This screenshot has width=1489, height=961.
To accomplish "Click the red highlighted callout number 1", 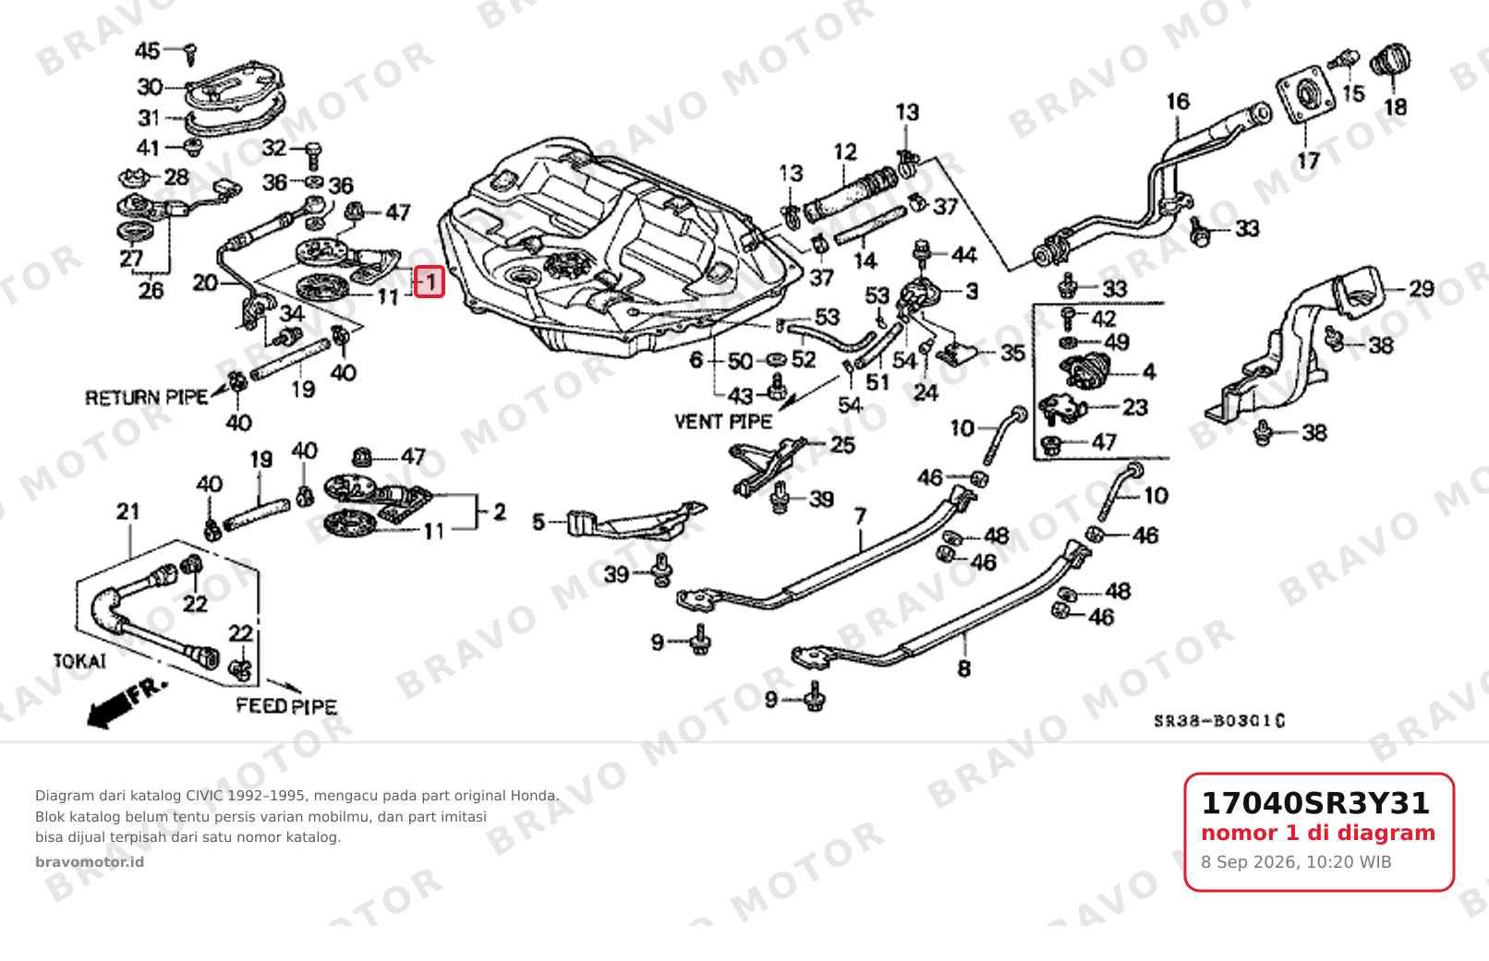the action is pos(429,282).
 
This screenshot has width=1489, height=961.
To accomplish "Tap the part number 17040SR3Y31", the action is pos(1314,803).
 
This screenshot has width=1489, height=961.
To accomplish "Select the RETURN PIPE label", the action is pos(146,398).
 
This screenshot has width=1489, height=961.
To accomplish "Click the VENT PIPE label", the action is pos(723,422).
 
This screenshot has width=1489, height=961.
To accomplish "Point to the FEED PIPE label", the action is pos(286,706).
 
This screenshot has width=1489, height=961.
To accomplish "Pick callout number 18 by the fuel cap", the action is pos(1396,106).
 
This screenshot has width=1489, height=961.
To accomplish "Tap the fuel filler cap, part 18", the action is pos(1390,60).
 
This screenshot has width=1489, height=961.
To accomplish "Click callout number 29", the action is pos(1422,288).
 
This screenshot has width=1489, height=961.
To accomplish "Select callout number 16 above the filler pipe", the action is pos(1178,102).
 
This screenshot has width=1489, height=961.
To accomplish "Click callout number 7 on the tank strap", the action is pos(860,516).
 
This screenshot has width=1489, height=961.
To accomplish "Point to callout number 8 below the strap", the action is pos(963,668).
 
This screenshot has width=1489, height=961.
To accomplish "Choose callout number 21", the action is pos(128,511).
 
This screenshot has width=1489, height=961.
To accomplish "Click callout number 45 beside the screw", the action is pos(148,51).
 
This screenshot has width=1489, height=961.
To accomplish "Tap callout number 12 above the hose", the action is pos(845,152).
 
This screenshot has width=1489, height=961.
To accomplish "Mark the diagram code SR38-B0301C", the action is pos(1219,721).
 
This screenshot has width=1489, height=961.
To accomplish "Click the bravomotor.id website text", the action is pos(90,862).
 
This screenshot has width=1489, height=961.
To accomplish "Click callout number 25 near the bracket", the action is pos(842,444).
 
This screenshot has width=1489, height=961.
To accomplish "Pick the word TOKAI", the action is pos(79,662).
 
